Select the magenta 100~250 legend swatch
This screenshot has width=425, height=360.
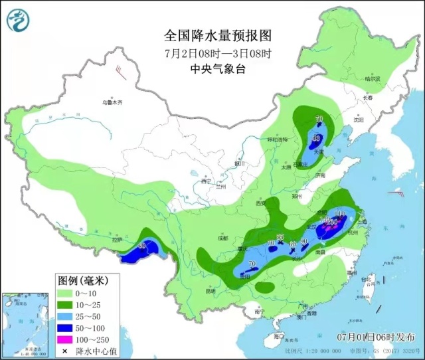(66, 337)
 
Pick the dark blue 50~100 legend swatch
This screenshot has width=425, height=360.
(66, 325)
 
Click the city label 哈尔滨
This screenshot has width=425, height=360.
(374, 79)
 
